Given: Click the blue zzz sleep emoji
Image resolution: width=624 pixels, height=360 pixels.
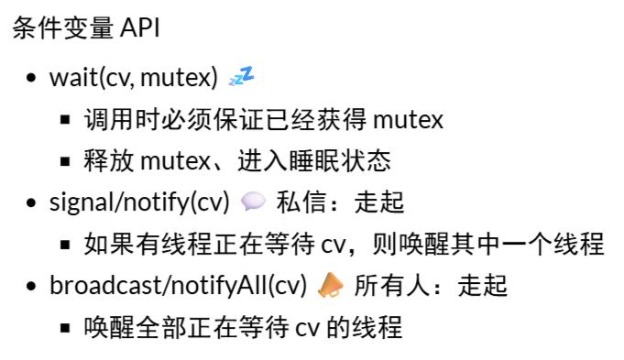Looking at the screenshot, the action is pyautogui.click(x=240, y=77).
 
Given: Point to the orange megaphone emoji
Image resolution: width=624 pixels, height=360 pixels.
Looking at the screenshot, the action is pyautogui.click(x=330, y=287).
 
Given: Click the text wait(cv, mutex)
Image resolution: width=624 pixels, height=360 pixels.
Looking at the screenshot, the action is pyautogui.click(x=134, y=78).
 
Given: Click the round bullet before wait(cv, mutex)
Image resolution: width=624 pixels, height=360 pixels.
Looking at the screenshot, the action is pyautogui.click(x=32, y=79).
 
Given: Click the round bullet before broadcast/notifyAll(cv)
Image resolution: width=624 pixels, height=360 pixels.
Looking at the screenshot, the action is pyautogui.click(x=32, y=288).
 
